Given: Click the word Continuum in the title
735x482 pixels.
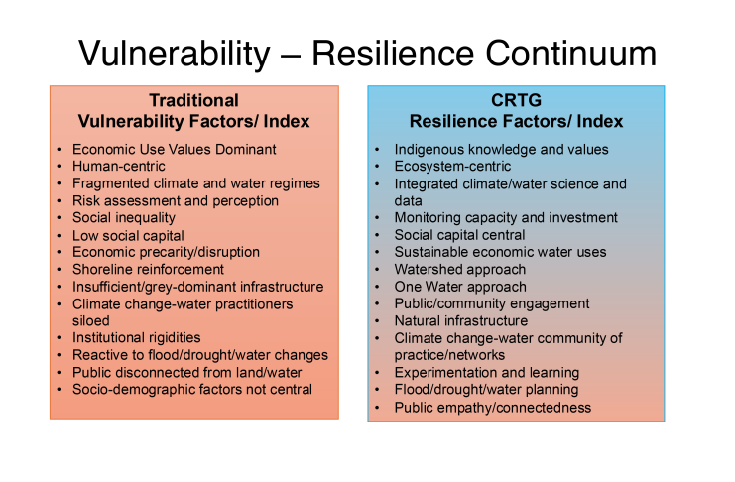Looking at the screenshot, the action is pos(570,54).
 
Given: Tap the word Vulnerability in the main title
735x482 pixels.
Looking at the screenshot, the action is pos(175,55).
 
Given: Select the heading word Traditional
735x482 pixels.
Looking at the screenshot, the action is pos(194,100).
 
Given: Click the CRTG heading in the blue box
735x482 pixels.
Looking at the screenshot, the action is pos(516,100).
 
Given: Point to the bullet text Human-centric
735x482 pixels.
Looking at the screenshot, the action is pos(119,166).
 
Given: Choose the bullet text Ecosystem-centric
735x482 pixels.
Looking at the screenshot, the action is pos(452,166).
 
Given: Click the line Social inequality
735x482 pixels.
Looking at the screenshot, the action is pos(124,217).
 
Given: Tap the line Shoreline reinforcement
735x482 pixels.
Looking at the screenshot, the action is pos(148,269).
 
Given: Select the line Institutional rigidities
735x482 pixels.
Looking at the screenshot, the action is pos(137,337).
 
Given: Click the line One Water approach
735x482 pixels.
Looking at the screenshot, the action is pos(460,287).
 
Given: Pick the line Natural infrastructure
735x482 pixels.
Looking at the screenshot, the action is pos(461,320).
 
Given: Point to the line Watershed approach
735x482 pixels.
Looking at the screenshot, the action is pos(460,269).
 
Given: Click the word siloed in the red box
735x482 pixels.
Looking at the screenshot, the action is pos(91,320).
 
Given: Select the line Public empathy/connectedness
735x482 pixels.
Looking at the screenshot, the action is pos(493,407).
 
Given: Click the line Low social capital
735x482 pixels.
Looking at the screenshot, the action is pos(128,235).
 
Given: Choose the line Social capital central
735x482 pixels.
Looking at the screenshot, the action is pos(459,235).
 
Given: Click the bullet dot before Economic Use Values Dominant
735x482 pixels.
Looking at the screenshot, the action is pos(59,150).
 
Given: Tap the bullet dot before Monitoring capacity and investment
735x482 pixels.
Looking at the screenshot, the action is pos(377,218).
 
